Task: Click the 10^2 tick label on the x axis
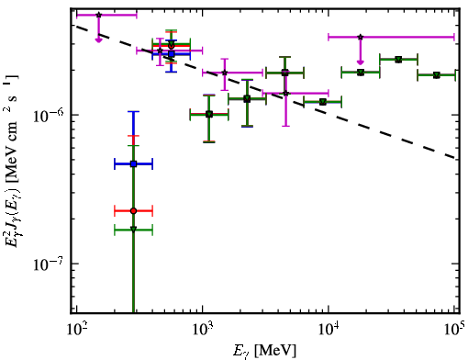(x=76, y=331)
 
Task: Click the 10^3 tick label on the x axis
(x=202, y=331)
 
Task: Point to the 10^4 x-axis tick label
(x=329, y=331)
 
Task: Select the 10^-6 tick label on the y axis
(x=49, y=115)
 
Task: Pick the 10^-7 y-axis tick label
(x=49, y=264)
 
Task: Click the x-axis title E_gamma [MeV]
(x=264, y=351)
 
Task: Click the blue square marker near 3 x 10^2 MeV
(x=133, y=164)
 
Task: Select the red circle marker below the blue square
(x=133, y=211)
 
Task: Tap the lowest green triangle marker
(x=133, y=230)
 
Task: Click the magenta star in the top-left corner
(x=98, y=15)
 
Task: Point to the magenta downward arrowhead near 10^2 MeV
(x=98, y=40)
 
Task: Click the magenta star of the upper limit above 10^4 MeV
(x=361, y=37)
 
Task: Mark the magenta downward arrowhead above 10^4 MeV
(x=361, y=62)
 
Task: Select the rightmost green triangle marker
(x=437, y=75)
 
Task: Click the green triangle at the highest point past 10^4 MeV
(x=398, y=60)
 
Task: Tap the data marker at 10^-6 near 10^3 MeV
(x=209, y=115)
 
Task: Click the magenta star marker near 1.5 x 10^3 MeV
(x=225, y=73)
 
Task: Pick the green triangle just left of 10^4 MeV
(x=322, y=102)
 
